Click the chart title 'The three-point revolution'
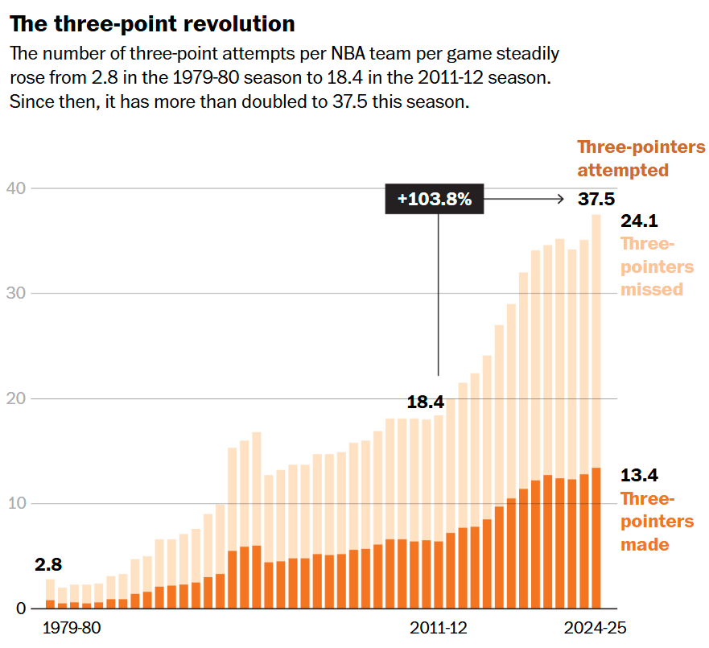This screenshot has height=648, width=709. [152, 24]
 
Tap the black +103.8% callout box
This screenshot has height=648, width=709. [435, 199]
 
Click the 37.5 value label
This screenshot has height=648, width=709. [596, 199]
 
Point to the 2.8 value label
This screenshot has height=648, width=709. [48, 565]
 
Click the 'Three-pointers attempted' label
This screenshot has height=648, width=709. [641, 159]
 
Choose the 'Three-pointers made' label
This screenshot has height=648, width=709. [645, 522]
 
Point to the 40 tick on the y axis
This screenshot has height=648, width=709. [16, 188]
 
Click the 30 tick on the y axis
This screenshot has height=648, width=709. [16, 293]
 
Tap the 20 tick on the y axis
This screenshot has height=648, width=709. [16, 398]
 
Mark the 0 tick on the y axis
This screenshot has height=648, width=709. [20, 609]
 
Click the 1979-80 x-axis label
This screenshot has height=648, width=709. [71, 628]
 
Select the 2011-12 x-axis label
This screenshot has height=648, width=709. [438, 628]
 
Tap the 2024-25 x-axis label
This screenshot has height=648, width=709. [595, 628]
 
